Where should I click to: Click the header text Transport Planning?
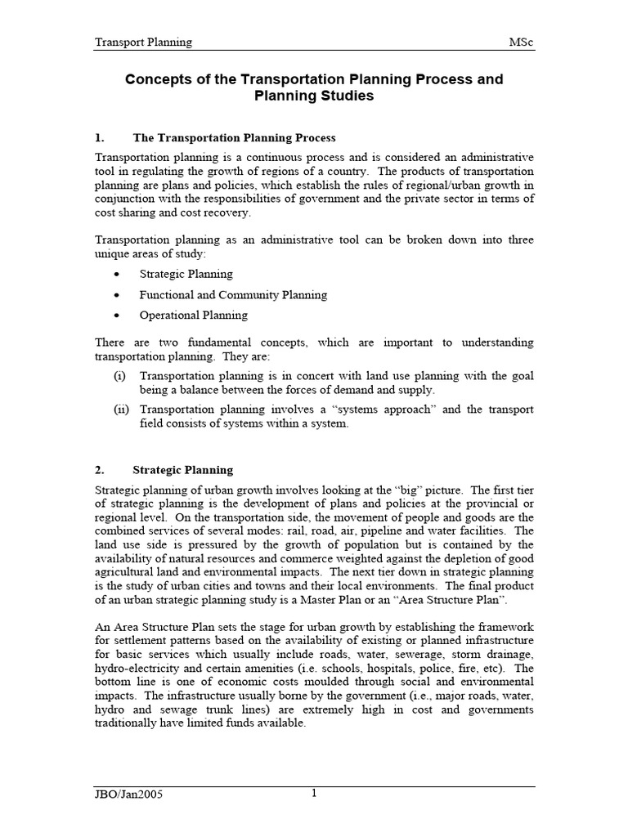pyautogui.click(x=143, y=42)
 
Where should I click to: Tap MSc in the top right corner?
pyautogui.click(x=521, y=42)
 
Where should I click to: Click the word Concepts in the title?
pyautogui.click(x=158, y=79)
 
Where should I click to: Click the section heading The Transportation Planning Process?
pyautogui.click(x=234, y=137)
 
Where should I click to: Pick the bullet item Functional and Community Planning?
pyautogui.click(x=233, y=294)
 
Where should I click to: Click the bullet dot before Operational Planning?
pyautogui.click(x=119, y=316)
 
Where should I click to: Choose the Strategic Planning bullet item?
pyautogui.click(x=186, y=274)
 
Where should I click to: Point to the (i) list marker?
pyautogui.click(x=119, y=375)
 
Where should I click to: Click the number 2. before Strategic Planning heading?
pyautogui.click(x=100, y=470)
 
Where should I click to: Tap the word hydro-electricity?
pyautogui.click(x=141, y=668)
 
